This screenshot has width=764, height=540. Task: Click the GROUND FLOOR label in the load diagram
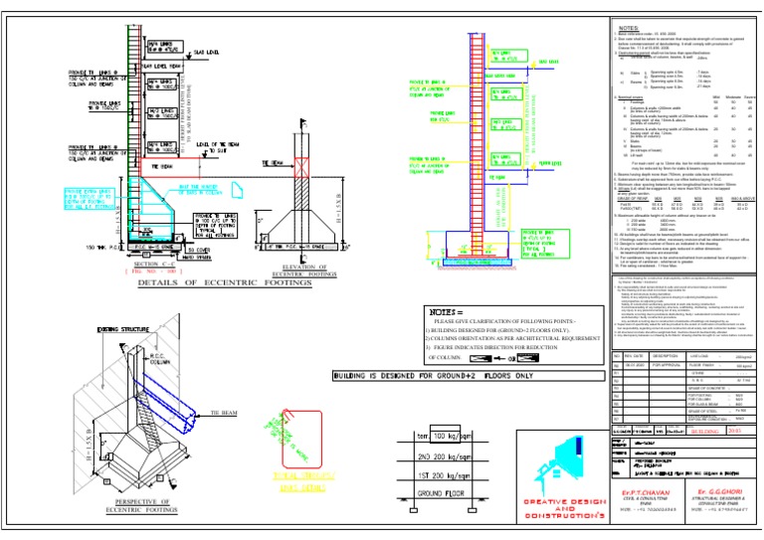pyautogui.click(x=435, y=492)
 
